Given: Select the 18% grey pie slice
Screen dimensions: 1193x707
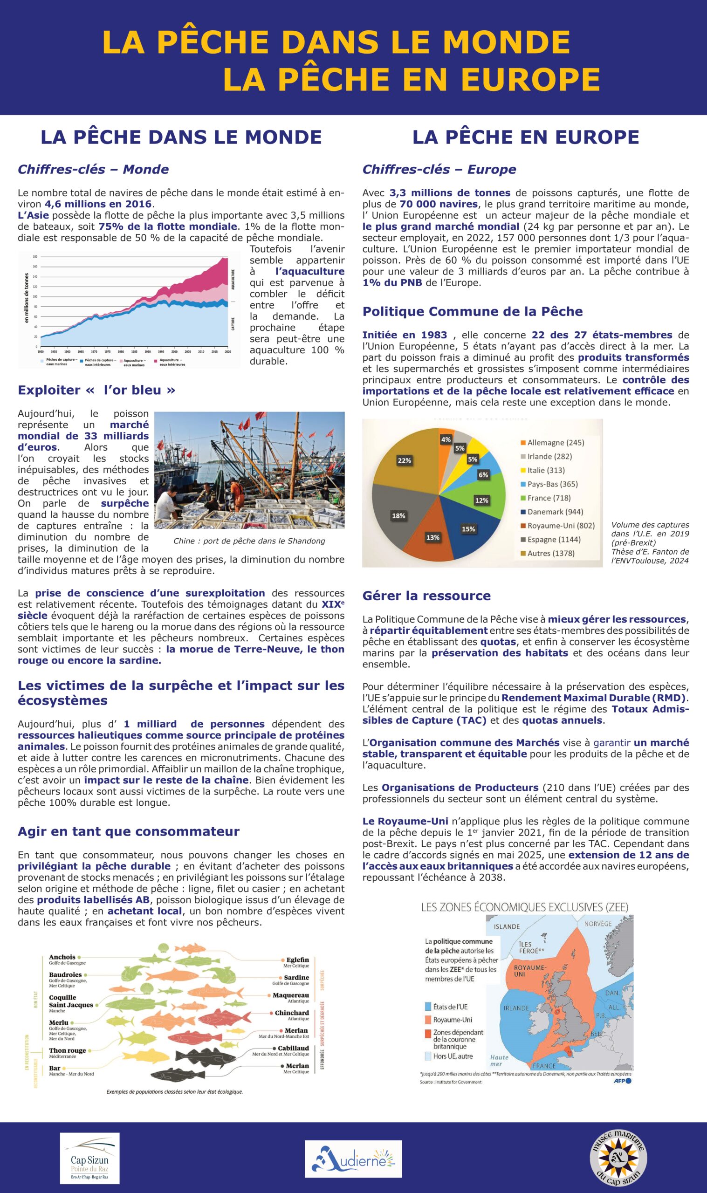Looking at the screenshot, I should point(398,515).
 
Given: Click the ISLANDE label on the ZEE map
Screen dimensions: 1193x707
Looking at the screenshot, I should point(507,926).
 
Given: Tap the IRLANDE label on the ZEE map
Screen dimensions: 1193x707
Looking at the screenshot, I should point(516,1008).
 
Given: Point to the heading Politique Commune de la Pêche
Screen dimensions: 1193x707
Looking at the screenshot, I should point(472,312).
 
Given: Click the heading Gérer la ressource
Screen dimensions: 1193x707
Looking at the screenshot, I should point(426,596).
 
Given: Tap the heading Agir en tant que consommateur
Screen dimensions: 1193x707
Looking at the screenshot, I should point(129,831).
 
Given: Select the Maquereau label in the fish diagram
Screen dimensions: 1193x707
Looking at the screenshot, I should point(291,995).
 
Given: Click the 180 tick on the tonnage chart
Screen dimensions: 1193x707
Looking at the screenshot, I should point(35,257).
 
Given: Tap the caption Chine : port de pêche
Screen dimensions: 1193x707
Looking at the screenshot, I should point(249,541).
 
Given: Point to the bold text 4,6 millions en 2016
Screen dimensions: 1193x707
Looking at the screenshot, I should point(98,204).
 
